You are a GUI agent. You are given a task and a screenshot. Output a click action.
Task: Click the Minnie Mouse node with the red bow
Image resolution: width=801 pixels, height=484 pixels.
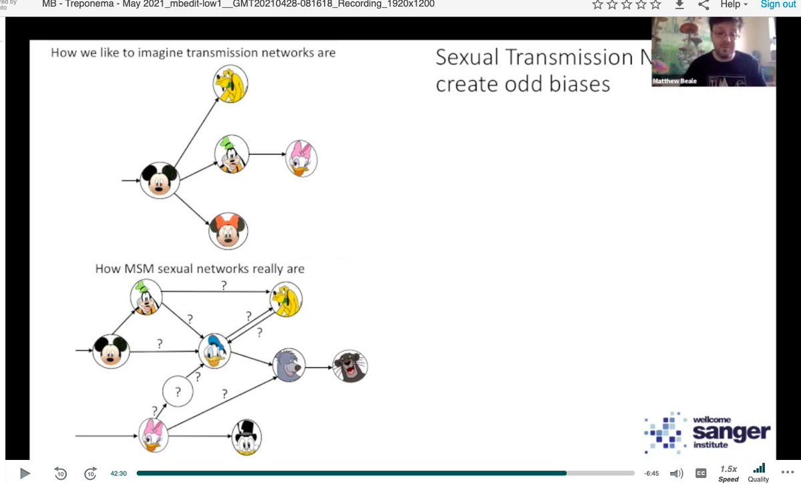point(228,231)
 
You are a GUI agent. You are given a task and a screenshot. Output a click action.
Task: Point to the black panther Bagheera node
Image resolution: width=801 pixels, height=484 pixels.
point(350,366)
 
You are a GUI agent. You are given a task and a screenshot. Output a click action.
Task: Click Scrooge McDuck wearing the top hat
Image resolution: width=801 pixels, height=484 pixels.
point(245,437)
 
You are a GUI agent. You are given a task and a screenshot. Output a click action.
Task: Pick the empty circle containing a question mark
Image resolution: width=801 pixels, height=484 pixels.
point(178,393)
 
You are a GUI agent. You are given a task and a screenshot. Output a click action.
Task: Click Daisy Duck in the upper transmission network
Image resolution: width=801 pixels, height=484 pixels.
point(301,159)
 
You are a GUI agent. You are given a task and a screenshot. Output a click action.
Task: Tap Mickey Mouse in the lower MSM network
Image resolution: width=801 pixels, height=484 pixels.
point(110,351)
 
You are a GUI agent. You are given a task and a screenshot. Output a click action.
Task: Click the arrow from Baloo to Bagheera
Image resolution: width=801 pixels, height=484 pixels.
point(320,367)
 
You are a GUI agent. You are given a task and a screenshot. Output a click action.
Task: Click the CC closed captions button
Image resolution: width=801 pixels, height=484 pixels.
point(701,473)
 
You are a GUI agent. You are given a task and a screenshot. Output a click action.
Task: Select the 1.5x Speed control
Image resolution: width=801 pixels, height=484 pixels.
point(728,473)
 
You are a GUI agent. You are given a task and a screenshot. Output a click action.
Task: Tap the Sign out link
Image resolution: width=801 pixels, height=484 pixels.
point(778,4)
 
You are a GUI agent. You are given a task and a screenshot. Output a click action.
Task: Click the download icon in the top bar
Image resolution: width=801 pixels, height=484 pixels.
point(680,5)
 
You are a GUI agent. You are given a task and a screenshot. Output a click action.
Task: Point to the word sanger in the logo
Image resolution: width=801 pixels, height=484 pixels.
point(731,433)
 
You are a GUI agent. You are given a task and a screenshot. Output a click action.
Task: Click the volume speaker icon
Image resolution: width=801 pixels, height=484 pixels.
point(676,473)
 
